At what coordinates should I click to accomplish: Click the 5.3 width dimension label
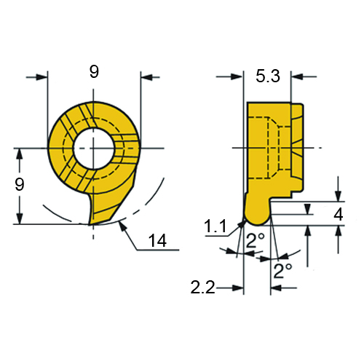click(268, 76)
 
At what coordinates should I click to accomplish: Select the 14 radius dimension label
click(157, 240)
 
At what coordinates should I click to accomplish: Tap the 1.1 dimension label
click(215, 226)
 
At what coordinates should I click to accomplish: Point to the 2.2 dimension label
click(203, 288)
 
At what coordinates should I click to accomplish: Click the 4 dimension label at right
click(339, 214)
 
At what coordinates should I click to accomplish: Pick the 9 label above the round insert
click(94, 71)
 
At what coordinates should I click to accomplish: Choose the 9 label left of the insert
click(20, 184)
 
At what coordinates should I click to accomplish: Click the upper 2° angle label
click(255, 240)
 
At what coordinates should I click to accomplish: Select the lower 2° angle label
click(282, 271)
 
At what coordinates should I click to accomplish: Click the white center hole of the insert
click(94, 148)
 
